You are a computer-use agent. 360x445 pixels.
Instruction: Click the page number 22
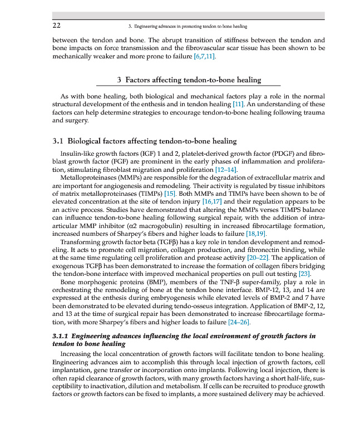pyautogui.click(x=56, y=26)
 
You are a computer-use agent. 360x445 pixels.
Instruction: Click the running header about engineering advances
pyautogui.click(x=188, y=26)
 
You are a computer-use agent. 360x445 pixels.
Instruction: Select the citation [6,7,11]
pyautogui.click(x=204, y=56)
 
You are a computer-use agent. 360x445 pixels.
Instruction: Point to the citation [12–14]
pyautogui.click(x=226, y=169)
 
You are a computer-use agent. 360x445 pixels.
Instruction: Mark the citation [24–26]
pyautogui.click(x=239, y=322)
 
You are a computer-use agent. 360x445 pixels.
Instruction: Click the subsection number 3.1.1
pyautogui.click(x=60, y=336)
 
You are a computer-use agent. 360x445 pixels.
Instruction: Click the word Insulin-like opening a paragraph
pyautogui.click(x=78, y=153)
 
